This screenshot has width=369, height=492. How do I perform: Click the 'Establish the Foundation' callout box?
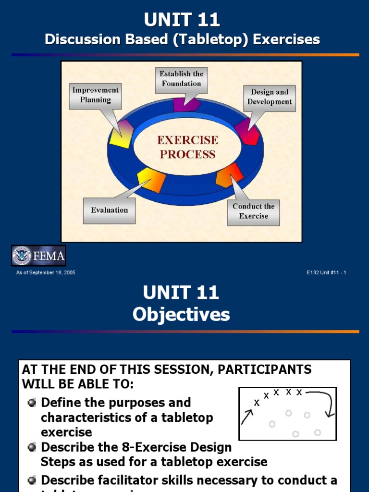pyautogui.click(x=181, y=79)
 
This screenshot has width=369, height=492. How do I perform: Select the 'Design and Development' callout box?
pyautogui.click(x=270, y=97)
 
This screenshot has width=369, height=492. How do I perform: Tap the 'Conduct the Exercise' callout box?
pyautogui.click(x=253, y=211)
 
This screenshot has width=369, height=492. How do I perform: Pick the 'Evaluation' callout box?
pyautogui.click(x=110, y=210)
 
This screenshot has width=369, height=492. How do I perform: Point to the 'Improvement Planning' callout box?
pyautogui.click(x=95, y=95)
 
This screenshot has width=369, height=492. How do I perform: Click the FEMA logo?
pyautogui.click(x=38, y=256)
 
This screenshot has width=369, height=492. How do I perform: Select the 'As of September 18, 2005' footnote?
pyautogui.click(x=46, y=273)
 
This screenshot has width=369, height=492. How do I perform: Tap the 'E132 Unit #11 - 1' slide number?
pyautogui.click(x=326, y=273)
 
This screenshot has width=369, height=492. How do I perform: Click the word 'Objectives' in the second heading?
pyautogui.click(x=181, y=315)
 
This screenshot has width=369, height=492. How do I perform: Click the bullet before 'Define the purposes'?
pyautogui.click(x=32, y=403)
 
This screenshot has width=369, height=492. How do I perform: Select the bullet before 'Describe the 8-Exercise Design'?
pyautogui.click(x=32, y=447)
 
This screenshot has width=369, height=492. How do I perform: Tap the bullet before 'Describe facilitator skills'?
pyautogui.click(x=32, y=480)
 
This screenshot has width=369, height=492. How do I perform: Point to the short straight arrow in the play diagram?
pyautogui.click(x=247, y=416)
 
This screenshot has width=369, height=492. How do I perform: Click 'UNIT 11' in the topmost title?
pyautogui.click(x=182, y=20)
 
